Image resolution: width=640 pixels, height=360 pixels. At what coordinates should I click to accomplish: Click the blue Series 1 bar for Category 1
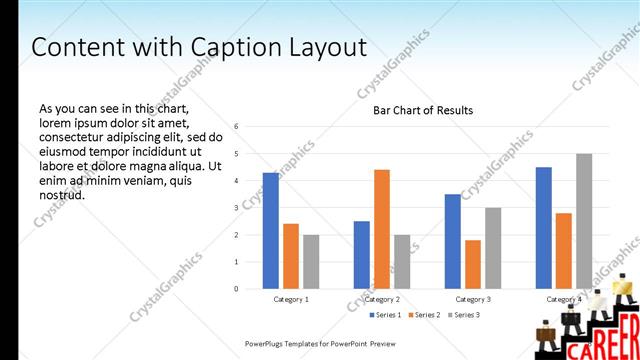(271, 231)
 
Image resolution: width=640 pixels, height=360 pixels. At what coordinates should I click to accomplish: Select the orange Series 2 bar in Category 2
(382, 229)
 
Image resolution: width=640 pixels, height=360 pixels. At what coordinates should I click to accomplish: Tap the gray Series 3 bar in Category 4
(584, 221)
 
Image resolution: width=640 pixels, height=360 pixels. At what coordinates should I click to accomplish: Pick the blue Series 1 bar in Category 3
(453, 241)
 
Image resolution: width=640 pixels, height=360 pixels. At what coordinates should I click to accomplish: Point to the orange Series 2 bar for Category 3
(473, 264)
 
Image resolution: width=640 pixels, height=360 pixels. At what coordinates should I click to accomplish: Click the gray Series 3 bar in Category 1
(311, 262)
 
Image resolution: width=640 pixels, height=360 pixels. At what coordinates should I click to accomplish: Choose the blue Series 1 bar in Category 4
(543, 228)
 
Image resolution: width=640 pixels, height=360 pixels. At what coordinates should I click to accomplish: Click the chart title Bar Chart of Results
(423, 110)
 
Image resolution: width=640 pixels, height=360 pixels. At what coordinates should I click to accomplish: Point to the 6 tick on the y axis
(236, 126)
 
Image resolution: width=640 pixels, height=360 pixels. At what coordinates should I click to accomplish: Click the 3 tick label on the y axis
(236, 207)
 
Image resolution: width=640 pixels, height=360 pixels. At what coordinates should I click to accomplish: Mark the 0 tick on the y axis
(236, 289)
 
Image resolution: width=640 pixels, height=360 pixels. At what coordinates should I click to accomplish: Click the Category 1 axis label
(291, 299)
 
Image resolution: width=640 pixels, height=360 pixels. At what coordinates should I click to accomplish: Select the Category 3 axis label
(473, 299)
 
